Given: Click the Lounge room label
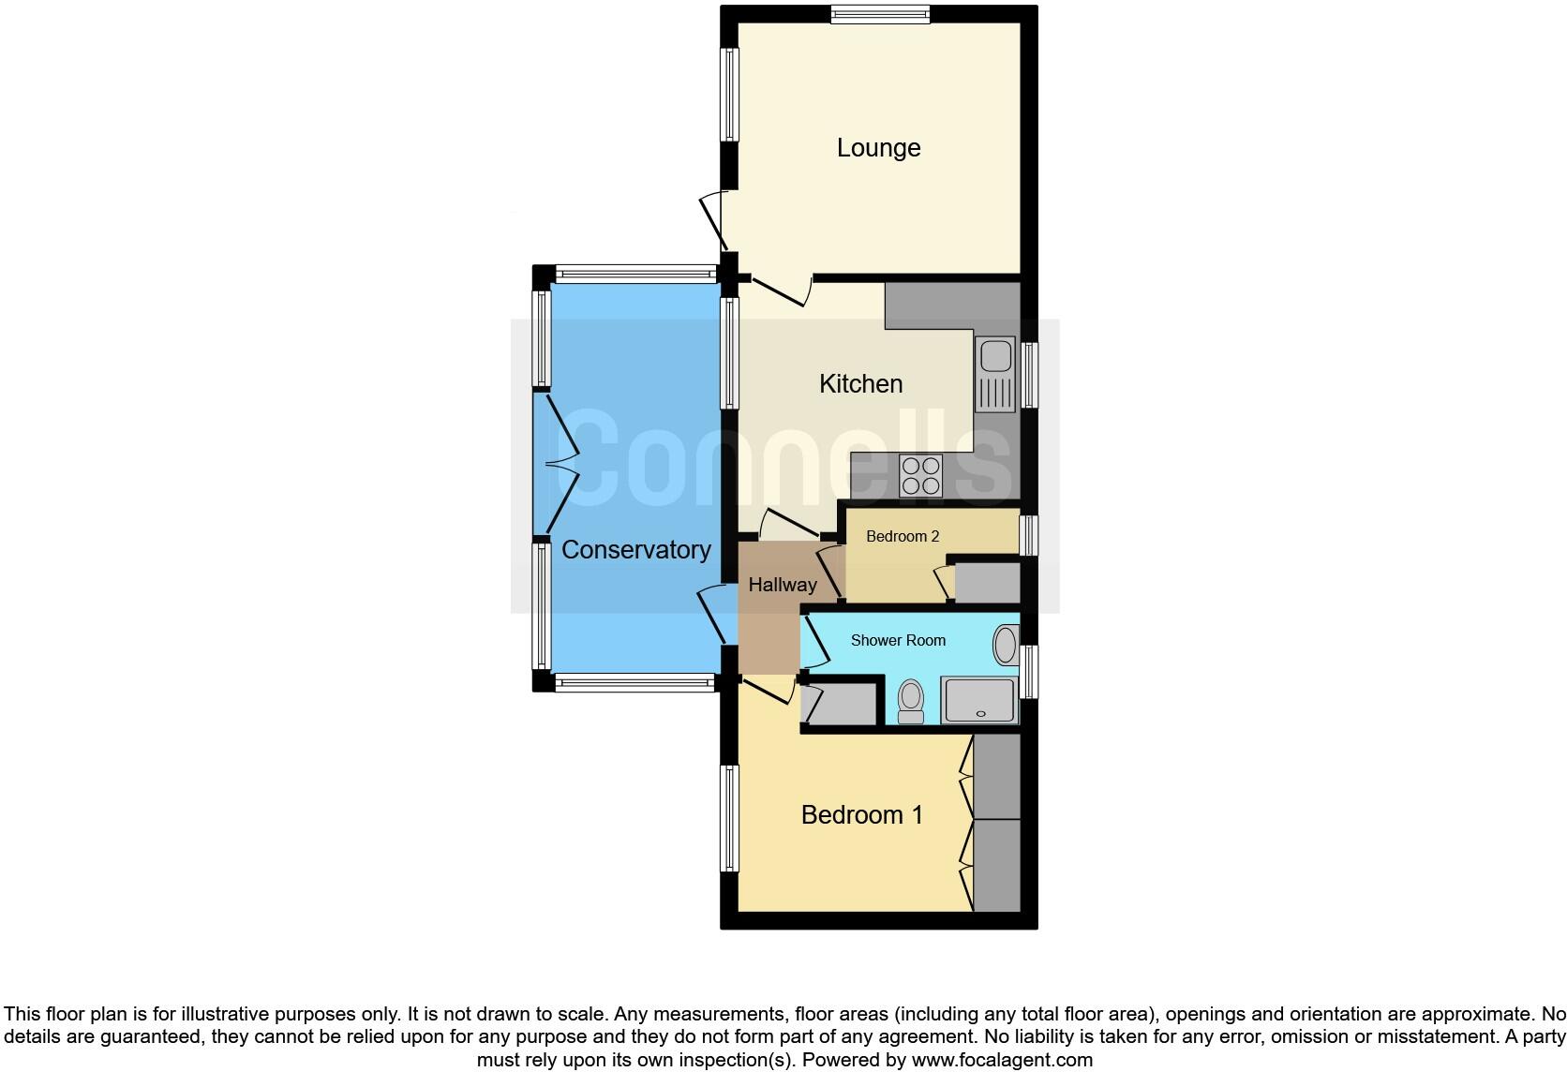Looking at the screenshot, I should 878,148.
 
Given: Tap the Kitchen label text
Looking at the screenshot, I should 860,384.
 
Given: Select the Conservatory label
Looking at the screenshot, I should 635,550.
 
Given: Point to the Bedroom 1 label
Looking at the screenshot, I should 861,815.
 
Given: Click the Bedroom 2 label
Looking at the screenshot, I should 902,537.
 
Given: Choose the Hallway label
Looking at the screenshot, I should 783,585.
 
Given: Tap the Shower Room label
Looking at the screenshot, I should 898,641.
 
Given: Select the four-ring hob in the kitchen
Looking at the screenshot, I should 920,475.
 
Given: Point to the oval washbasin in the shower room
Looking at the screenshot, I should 1006,646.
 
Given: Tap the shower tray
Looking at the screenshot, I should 979,701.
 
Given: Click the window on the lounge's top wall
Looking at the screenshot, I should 879,13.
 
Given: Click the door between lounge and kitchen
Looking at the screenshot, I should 780,290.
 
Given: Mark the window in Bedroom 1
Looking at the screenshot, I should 729,818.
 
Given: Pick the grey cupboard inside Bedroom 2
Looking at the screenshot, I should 987,583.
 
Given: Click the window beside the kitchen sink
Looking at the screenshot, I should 1030,375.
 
